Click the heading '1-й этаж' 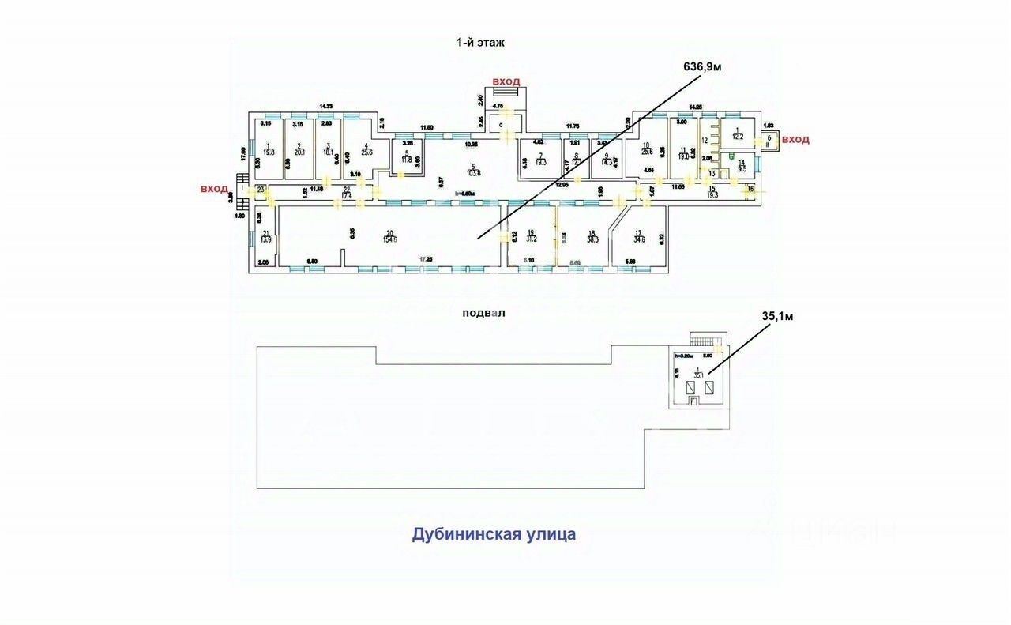[480, 43]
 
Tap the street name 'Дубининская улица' [494, 534]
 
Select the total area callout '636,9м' [702, 67]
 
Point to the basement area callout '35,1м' [776, 316]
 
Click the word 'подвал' [483, 312]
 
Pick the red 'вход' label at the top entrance [505, 82]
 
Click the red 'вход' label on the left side [213, 189]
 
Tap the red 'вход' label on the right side [795, 139]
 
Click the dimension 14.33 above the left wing [325, 106]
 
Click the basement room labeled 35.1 [698, 375]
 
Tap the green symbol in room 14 [732, 156]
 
